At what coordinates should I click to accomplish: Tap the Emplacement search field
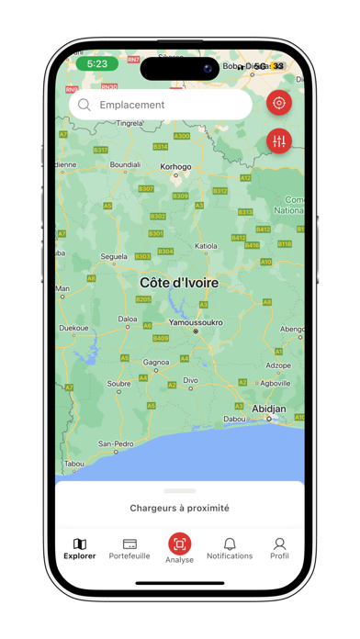tap(161, 105)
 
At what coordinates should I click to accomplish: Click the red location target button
tap(279, 103)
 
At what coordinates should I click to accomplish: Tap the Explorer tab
tap(80, 548)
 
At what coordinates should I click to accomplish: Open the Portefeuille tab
tap(129, 548)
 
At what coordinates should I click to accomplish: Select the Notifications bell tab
tap(230, 548)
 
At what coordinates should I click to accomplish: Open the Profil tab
tap(279, 548)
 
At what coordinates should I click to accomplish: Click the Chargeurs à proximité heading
tap(179, 508)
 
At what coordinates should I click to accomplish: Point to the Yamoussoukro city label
tap(195, 322)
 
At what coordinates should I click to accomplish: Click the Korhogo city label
tap(176, 167)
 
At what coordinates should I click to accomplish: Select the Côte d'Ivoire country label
tap(179, 283)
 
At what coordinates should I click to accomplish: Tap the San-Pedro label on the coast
tap(116, 443)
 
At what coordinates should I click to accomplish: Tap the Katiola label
tap(207, 246)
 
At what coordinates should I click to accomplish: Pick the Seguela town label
tap(114, 256)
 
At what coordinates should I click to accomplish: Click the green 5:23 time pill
tap(96, 64)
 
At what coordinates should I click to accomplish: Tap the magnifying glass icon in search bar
tap(84, 105)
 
